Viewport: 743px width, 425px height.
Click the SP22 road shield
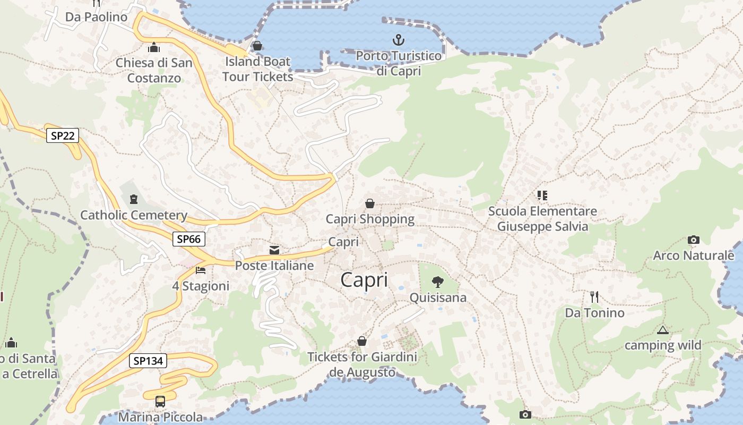pos(63,135)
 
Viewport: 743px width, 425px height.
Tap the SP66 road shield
pos(189,239)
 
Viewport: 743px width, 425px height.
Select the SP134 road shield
pos(148,361)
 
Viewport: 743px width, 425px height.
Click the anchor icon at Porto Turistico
pos(398,40)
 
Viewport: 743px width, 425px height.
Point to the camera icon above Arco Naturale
pos(693,240)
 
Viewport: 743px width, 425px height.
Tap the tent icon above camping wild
pos(662,330)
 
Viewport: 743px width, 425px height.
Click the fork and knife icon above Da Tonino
pos(594,296)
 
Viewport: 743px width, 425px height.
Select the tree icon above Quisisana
pos(437,282)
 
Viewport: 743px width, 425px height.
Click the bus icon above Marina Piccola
pos(160,402)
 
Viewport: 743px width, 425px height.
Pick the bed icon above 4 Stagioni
pos(201,270)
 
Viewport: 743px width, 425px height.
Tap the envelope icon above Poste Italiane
pos(274,250)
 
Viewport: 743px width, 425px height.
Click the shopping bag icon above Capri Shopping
pos(370,203)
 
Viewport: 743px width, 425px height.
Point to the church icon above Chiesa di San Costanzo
pos(154,47)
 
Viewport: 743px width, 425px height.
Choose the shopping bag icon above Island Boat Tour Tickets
pos(257,46)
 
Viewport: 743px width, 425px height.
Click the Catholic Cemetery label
pos(134,215)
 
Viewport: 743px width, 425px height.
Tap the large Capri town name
pos(364,280)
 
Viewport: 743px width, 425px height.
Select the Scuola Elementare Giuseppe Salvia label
pos(542,219)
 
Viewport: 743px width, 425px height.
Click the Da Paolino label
pos(97,17)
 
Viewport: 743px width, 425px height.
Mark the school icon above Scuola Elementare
pos(542,195)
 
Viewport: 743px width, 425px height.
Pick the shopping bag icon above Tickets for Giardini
pos(362,341)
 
